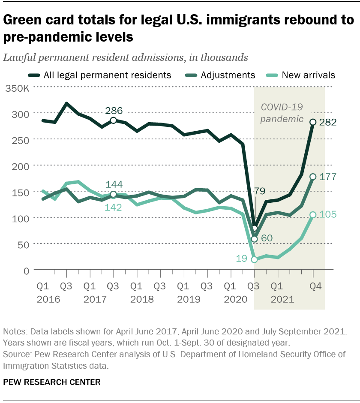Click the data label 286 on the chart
click(114, 111)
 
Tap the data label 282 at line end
click(328, 122)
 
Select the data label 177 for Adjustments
click(328, 177)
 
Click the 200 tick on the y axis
click(24, 166)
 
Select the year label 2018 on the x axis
click(136, 299)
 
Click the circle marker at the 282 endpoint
click(313, 122)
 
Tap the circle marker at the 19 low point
click(255, 260)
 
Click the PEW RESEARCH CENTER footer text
click(52, 382)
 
